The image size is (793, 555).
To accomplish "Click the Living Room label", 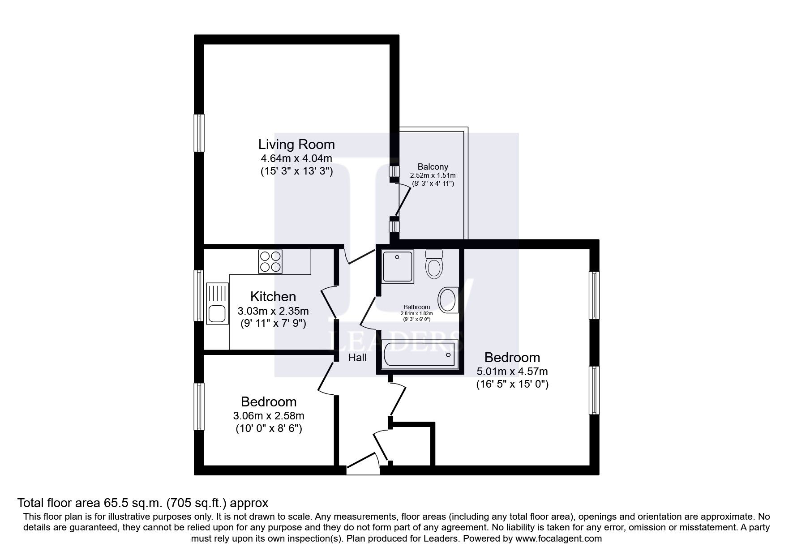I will coord(296,145).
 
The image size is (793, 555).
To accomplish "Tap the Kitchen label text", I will coord(273,297).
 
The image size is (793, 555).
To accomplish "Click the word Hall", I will coord(357,358).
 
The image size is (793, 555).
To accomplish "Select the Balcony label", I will coord(433,166).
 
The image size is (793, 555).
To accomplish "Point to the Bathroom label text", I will coord(416,307).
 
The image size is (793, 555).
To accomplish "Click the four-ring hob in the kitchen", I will coord(270,261).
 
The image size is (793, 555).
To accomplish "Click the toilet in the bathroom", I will coord(433,264).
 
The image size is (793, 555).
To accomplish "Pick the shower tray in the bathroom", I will coord(397,266).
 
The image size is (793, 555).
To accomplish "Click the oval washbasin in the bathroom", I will coord(447,299).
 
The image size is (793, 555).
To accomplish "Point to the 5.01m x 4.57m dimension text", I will coord(512,371).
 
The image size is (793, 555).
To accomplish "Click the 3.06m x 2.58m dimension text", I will coord(269,416).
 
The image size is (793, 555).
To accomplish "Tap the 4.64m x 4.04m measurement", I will coord(296,158).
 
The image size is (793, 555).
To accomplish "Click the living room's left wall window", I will coord(199,133).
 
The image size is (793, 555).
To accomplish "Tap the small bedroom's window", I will coord(199,406).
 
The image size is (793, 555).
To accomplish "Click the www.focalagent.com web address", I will coord(558,538).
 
